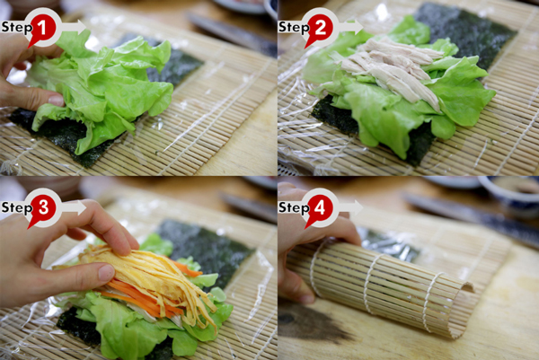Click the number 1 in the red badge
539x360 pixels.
coord(42,28)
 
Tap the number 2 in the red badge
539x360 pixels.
coord(320,28)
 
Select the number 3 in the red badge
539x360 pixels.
coord(43,207)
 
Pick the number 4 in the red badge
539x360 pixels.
coord(320,207)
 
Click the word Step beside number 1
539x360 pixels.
coord(16,28)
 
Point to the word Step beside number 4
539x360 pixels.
coord(294,208)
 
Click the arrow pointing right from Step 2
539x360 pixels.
coord(350,27)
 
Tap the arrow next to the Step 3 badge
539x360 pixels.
coord(74,207)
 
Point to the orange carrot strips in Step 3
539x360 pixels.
coord(145,295)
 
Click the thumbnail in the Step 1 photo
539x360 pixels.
coord(56,101)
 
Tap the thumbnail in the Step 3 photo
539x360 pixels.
coord(106,272)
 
